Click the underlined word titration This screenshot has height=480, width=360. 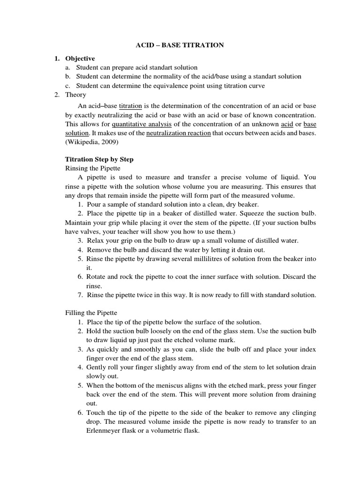click(130, 106)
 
